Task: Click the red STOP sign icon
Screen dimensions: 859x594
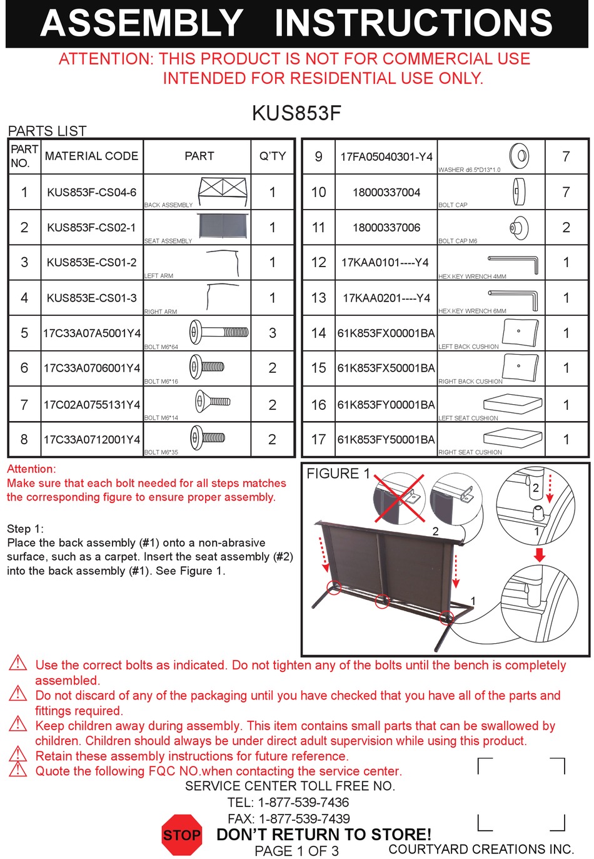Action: click(x=182, y=835)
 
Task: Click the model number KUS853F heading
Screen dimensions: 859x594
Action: click(x=296, y=113)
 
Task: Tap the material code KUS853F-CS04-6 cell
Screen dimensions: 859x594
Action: click(x=92, y=192)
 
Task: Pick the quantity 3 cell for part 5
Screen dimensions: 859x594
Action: click(x=273, y=333)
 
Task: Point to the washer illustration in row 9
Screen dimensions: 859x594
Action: click(x=520, y=155)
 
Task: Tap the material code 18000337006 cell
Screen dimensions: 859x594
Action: click(x=386, y=228)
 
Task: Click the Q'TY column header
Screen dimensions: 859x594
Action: click(x=273, y=156)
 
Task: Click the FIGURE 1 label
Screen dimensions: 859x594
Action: click(x=338, y=474)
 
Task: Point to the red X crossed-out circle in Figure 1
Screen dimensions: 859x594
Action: click(x=399, y=498)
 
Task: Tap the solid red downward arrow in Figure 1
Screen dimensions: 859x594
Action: click(x=540, y=555)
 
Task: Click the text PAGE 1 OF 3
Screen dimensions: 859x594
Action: click(x=296, y=851)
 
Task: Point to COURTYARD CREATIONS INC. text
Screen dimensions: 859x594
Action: click(x=481, y=849)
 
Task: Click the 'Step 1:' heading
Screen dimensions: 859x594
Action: click(x=25, y=528)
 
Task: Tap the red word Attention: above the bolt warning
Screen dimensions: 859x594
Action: click(x=31, y=469)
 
